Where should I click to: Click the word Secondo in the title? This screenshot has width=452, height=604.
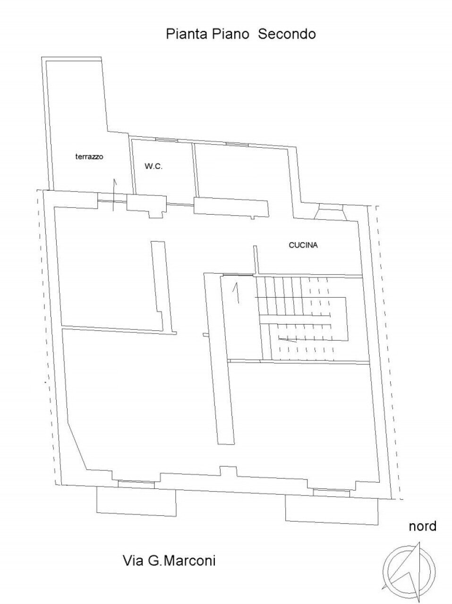tap(286, 34)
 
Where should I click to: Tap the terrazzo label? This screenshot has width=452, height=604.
tap(89, 157)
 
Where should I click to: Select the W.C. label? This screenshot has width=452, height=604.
tap(154, 166)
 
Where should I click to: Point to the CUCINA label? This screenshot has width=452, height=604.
tap(303, 245)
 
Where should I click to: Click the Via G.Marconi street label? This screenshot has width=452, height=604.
tap(169, 561)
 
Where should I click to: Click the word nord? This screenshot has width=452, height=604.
tap(423, 526)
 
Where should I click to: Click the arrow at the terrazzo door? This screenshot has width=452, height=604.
tap(114, 193)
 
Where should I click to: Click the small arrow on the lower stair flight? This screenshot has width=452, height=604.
tap(287, 339)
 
